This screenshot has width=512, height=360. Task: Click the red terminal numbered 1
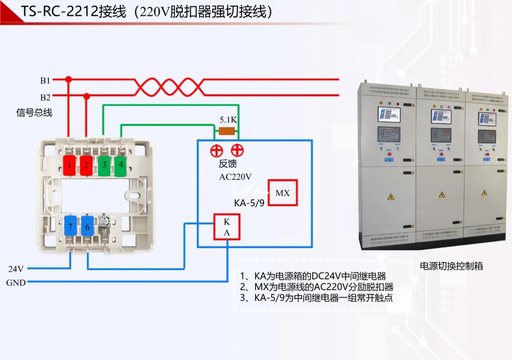[x=69, y=165]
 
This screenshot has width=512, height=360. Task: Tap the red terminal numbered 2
[x=86, y=165]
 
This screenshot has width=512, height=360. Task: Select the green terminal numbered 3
[x=103, y=165]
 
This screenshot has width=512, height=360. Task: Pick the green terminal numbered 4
[x=121, y=165]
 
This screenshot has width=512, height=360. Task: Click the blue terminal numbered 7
[x=70, y=227]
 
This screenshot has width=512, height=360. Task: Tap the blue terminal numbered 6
[x=87, y=227]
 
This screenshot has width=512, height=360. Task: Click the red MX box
[x=283, y=193]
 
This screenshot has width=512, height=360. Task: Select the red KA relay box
[x=227, y=227]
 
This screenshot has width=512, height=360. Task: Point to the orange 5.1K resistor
[x=227, y=131]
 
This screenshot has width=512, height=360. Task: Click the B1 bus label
[x=45, y=81]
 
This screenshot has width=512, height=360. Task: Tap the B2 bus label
[x=45, y=98]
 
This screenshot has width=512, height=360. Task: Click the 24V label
[x=16, y=269]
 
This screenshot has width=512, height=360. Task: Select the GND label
[x=16, y=283]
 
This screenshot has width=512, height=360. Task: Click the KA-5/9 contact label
[x=249, y=203]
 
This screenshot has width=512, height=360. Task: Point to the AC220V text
[x=235, y=177]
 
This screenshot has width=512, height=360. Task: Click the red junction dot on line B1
[x=69, y=80]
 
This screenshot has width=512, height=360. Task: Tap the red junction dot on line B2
[x=86, y=97]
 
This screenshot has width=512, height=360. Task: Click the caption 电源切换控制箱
[x=451, y=266]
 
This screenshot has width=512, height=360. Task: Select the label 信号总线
[x=34, y=113]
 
